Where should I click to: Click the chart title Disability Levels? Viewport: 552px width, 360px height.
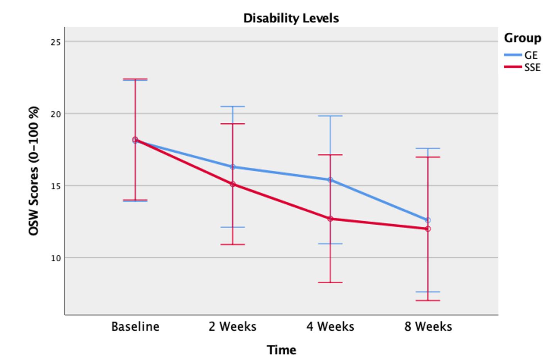[x=291, y=18]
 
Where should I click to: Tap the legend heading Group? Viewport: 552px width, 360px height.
[x=522, y=38]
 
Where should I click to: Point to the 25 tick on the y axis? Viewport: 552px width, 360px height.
[x=56, y=42]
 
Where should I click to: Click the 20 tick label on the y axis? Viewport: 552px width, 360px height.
[x=56, y=114]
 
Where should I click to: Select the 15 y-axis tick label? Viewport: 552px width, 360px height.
[x=56, y=186]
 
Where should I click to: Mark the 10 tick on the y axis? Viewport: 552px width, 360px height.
[x=56, y=258]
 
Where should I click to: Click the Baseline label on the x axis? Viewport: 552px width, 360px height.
[x=135, y=327]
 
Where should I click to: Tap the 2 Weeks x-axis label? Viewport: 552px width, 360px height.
[x=232, y=327]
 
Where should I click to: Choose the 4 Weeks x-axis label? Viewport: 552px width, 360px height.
[x=330, y=327]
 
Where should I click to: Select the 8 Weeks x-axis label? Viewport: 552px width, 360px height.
[x=428, y=327]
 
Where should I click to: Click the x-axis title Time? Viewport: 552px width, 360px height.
[x=282, y=350]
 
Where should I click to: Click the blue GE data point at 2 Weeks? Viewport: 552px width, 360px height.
[x=233, y=167]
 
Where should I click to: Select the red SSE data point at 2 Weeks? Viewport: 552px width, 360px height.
[x=233, y=184]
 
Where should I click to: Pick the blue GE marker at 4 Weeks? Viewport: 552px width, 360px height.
[x=330, y=180]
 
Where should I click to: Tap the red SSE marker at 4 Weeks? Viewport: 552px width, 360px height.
[x=330, y=219]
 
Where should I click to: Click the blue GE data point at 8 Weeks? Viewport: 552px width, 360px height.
[x=428, y=220]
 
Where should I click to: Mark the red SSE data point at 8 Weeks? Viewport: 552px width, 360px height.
[x=428, y=229]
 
